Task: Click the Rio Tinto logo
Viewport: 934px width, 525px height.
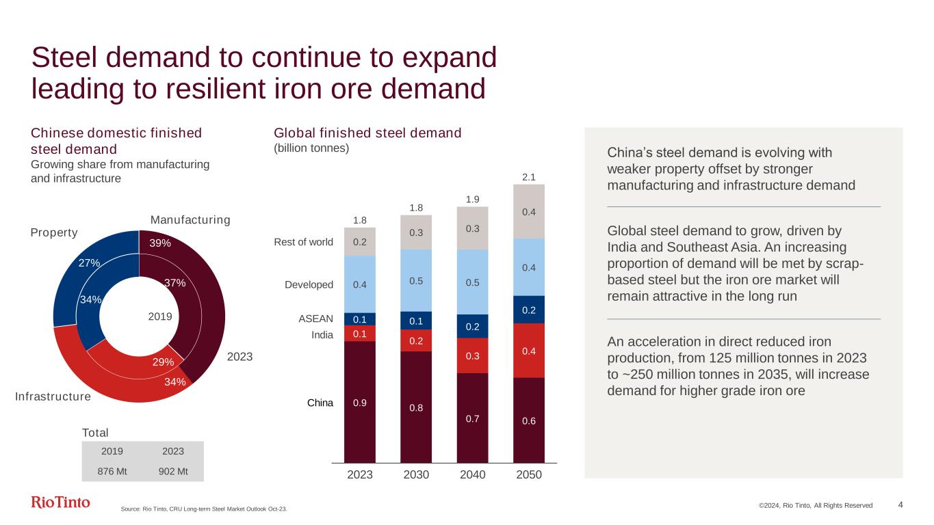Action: (60, 502)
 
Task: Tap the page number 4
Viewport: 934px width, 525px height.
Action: (900, 504)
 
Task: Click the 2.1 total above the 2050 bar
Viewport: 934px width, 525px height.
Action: (528, 177)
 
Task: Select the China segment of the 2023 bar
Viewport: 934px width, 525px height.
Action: (360, 402)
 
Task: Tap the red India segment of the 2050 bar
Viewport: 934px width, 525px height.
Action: (528, 351)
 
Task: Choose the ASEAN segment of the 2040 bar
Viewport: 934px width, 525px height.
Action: (472, 326)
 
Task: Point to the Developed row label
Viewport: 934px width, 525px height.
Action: (309, 284)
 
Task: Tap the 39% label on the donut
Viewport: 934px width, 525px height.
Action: (160, 243)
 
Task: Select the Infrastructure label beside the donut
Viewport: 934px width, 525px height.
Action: (53, 397)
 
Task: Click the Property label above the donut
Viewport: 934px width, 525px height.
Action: (54, 232)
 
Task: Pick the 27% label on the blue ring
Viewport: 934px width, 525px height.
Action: (90, 262)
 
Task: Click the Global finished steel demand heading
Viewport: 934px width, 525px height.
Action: (367, 133)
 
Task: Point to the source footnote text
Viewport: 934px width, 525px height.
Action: (203, 508)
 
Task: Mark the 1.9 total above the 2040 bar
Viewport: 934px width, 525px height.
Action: (472, 199)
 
